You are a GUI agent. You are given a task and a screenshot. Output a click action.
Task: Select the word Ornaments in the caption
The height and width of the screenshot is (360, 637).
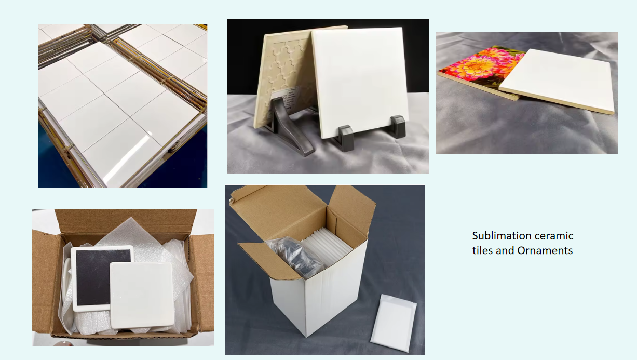[x=545, y=250]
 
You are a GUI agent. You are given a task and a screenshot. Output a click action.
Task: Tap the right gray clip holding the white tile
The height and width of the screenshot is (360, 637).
[x=398, y=126]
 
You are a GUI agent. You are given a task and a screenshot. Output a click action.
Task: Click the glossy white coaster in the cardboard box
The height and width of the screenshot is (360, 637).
[x=142, y=295]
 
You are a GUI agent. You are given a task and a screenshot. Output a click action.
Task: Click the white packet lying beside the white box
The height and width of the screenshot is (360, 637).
[x=394, y=323]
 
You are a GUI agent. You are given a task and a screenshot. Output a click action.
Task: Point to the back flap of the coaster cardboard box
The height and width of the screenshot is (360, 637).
[x=126, y=221]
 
